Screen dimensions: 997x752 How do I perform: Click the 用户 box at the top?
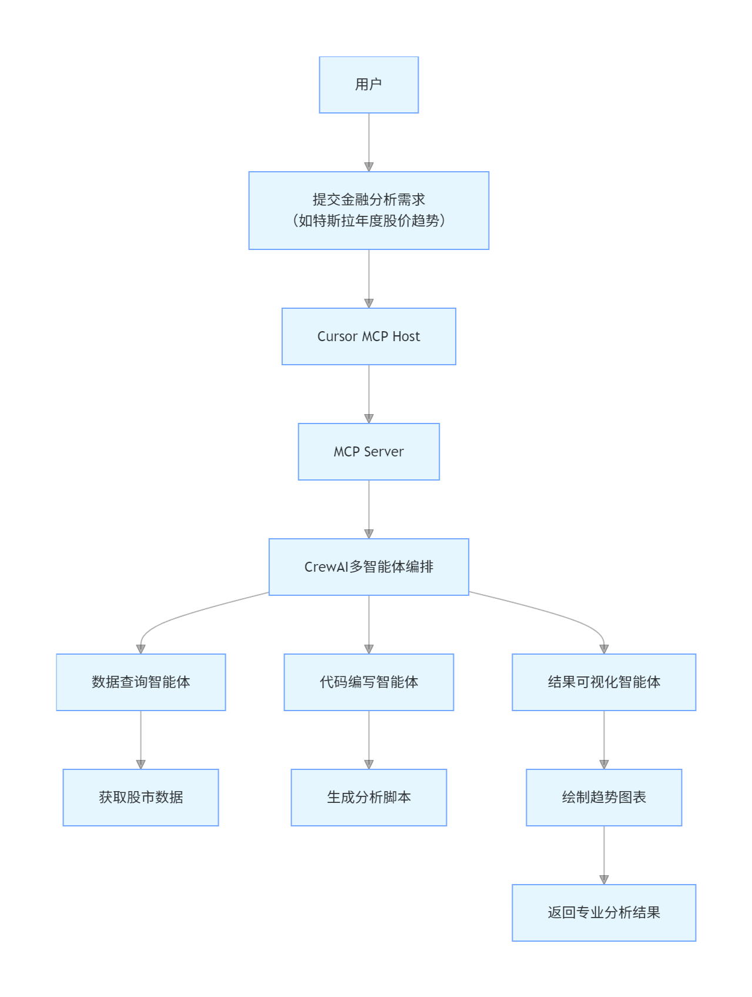coord(369,85)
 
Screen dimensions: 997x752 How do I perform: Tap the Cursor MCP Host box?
coord(369,336)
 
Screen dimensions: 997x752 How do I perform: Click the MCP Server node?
coord(369,452)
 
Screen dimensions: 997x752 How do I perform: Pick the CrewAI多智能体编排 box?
coord(369,567)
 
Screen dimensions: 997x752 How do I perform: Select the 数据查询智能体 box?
coord(141,682)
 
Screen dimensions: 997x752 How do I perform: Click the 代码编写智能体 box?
coord(369,682)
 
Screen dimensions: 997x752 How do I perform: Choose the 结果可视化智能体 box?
coord(604,682)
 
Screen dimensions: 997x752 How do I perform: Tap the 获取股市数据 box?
coord(141,798)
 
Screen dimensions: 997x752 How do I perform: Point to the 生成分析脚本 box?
coord(369,798)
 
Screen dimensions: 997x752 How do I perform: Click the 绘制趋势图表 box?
coord(604,798)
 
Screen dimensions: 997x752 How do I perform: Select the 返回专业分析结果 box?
coord(604,913)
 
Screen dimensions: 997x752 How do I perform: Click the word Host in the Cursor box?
coord(406,336)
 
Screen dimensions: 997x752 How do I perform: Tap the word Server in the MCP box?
coord(384,452)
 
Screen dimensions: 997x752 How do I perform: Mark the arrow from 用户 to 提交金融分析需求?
coord(369,141)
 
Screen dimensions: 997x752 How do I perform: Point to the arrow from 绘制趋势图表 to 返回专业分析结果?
coord(604,854)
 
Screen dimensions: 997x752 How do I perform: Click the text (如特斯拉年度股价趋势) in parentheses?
coord(369,221)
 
